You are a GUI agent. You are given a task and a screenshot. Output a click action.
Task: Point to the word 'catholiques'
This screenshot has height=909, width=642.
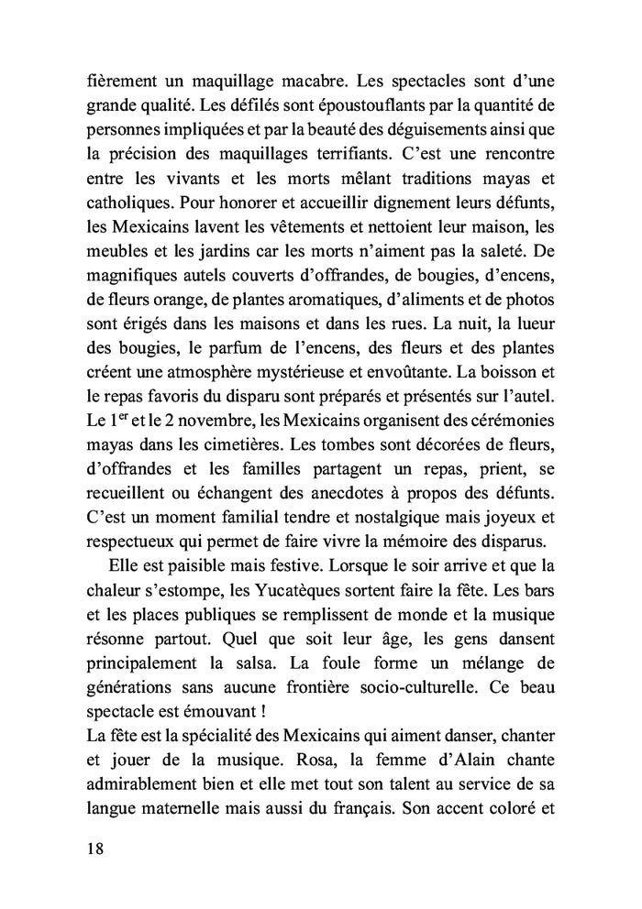click(119, 170)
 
